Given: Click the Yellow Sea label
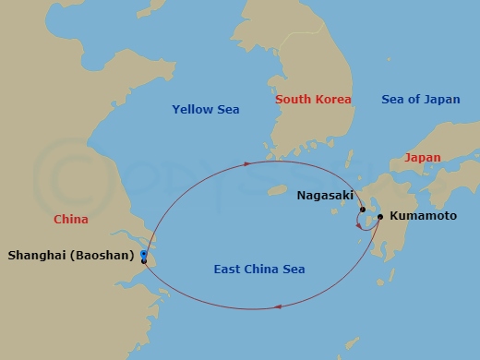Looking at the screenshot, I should tap(205, 110).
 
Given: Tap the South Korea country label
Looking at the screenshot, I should tap(313, 99).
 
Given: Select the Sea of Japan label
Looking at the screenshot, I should tap(420, 99).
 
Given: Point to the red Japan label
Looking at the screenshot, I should tap(422, 158).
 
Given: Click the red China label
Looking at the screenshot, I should tap(71, 220).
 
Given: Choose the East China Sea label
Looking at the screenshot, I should tap(258, 270).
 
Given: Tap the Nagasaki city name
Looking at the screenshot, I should tap(325, 196).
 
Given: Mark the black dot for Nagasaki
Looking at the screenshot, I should tap(363, 210).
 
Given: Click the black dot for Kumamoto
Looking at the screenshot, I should tap(380, 217).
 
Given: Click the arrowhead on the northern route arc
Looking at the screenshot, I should tap(249, 164).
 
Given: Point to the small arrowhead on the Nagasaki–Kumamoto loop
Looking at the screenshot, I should tap(359, 225).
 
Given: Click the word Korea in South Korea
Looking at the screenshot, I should tap(333, 99).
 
